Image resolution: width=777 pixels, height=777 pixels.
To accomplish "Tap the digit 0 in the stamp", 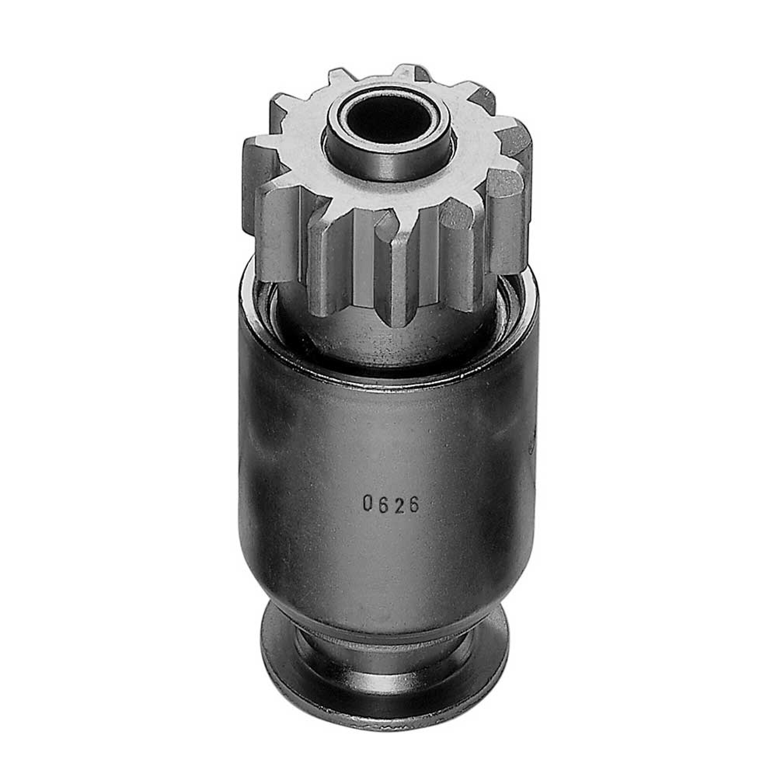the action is tap(368, 503).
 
